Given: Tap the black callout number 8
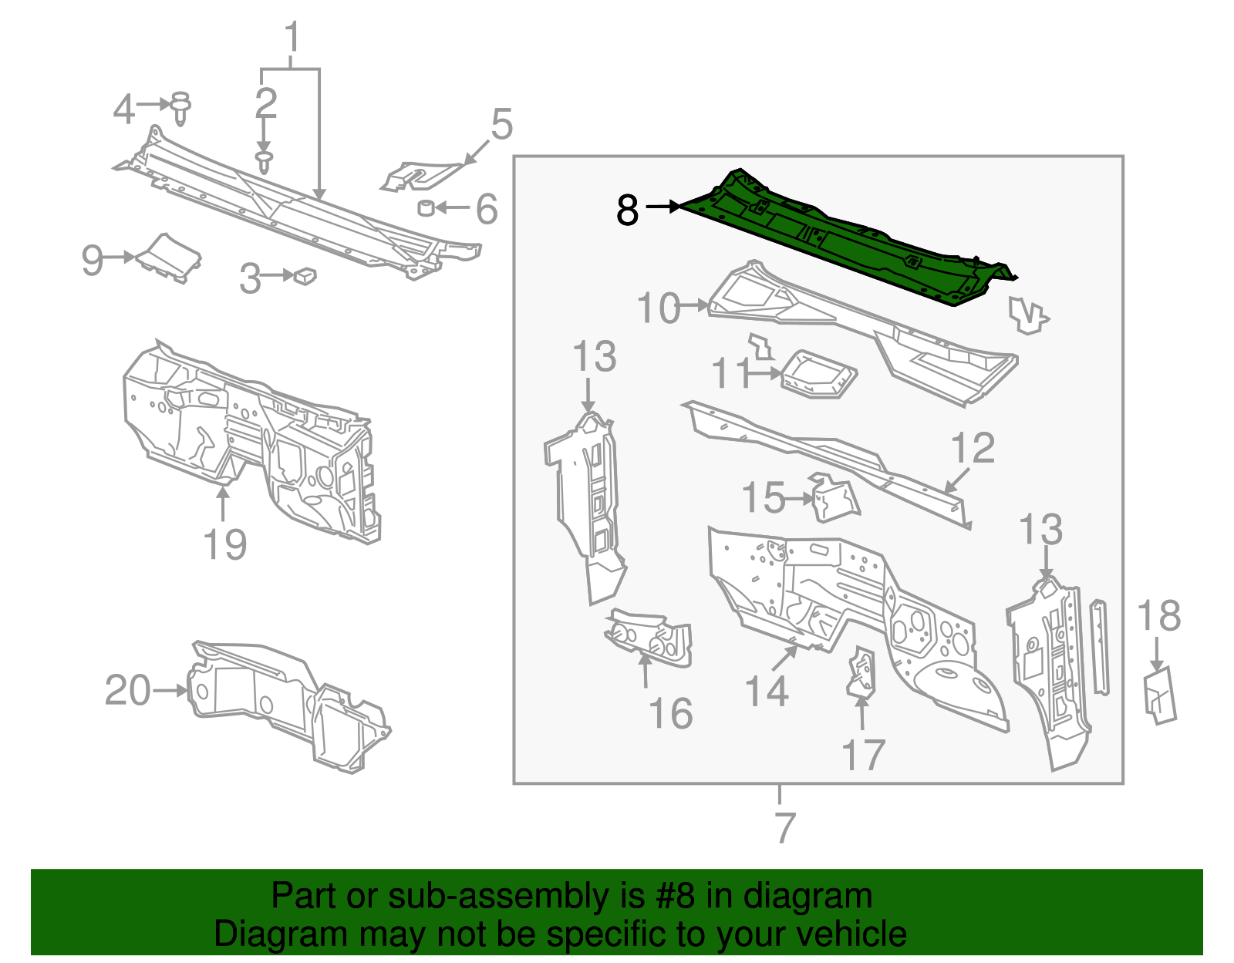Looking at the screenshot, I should [x=628, y=210].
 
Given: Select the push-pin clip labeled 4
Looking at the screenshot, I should [x=180, y=108].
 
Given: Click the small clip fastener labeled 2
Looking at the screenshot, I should [x=265, y=163].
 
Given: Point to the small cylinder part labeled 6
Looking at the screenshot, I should [x=425, y=207].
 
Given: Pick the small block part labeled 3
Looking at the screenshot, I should [x=305, y=274].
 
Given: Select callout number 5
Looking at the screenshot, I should [x=501, y=125].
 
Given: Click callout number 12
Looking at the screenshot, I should [x=973, y=449].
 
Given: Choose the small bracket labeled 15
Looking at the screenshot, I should [x=834, y=500].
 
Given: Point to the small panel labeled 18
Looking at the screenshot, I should [x=1159, y=694].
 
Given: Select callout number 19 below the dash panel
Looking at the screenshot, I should [x=224, y=544].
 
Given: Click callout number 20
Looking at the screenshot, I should [x=128, y=690].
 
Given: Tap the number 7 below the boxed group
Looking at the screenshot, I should [x=784, y=828].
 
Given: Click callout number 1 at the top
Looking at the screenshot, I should [x=292, y=37].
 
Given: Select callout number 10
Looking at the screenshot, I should [x=658, y=308].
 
